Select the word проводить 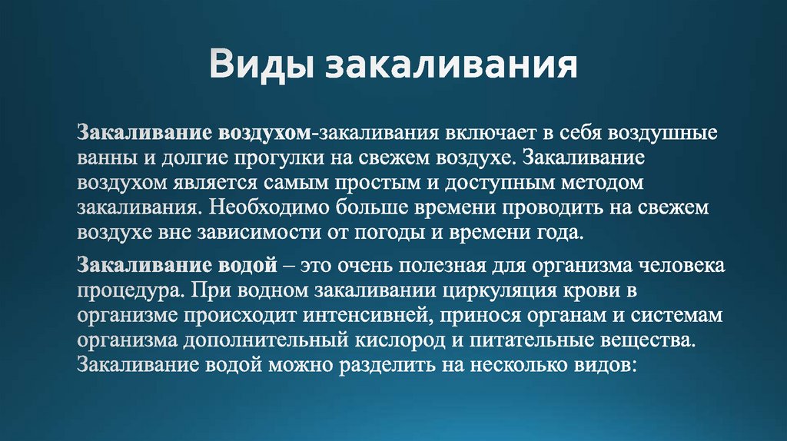551,207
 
